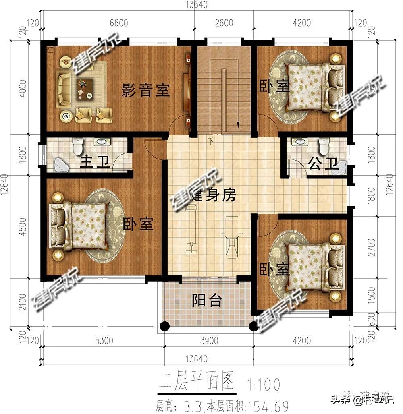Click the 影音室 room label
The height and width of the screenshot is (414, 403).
(145, 90)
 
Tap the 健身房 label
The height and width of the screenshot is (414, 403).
(212, 196)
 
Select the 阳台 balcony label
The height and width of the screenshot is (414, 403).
(207, 300)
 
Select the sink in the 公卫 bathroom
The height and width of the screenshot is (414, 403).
(299, 142)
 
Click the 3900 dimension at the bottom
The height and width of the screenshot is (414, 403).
(208, 341)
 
